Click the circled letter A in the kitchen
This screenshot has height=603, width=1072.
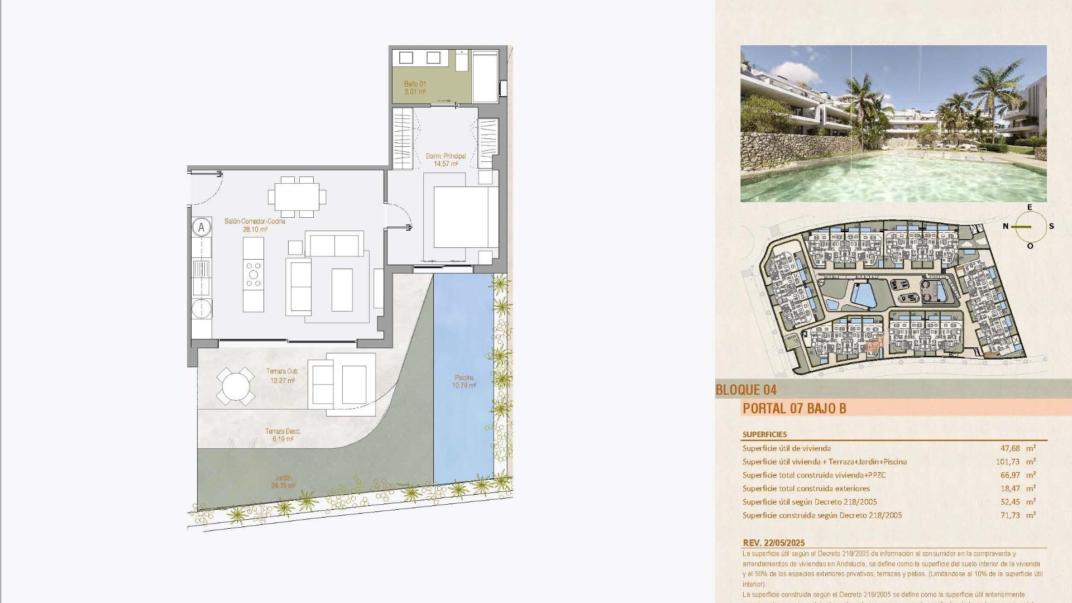(202, 227)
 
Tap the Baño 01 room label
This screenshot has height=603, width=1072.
(415, 88)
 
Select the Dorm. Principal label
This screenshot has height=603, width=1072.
(446, 160)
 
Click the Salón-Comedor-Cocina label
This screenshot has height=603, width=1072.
(255, 225)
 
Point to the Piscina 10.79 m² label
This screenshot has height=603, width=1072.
(464, 381)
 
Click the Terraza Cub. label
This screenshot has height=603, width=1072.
(283, 376)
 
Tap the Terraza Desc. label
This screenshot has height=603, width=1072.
(283, 435)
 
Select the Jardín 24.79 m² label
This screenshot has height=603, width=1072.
(283, 481)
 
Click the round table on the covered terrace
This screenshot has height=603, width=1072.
(236, 386)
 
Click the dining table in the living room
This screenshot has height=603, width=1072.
(296, 197)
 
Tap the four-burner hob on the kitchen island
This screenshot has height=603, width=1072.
(253, 275)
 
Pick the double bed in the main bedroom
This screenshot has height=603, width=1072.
(462, 217)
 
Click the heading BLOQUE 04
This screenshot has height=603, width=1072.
(746, 390)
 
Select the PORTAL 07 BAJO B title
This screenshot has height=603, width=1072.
(794, 408)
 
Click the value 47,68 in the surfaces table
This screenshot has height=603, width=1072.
(1010, 448)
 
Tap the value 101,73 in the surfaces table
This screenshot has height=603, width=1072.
(1007, 462)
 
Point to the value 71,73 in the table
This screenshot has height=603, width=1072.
(1010, 515)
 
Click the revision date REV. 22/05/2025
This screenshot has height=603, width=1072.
(773, 543)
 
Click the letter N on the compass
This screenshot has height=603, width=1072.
(1006, 226)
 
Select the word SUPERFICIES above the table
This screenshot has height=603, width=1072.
(764, 434)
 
